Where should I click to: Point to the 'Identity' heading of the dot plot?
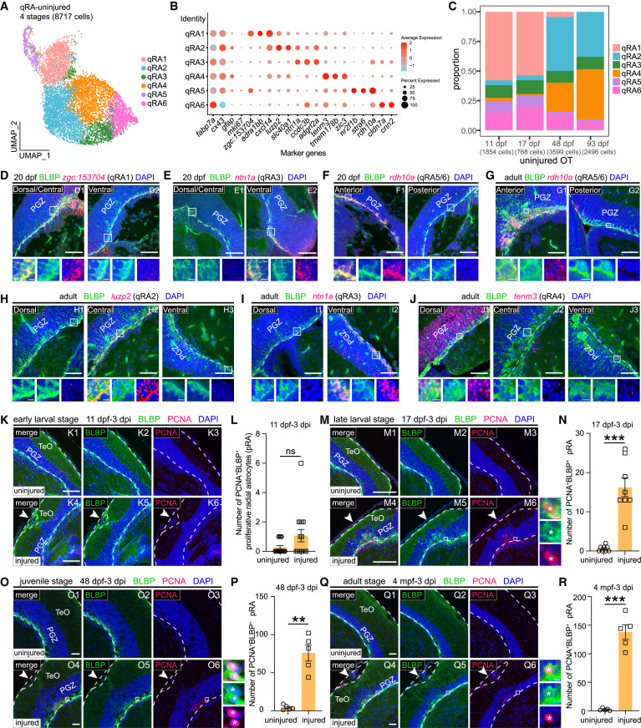tap(188, 17)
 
